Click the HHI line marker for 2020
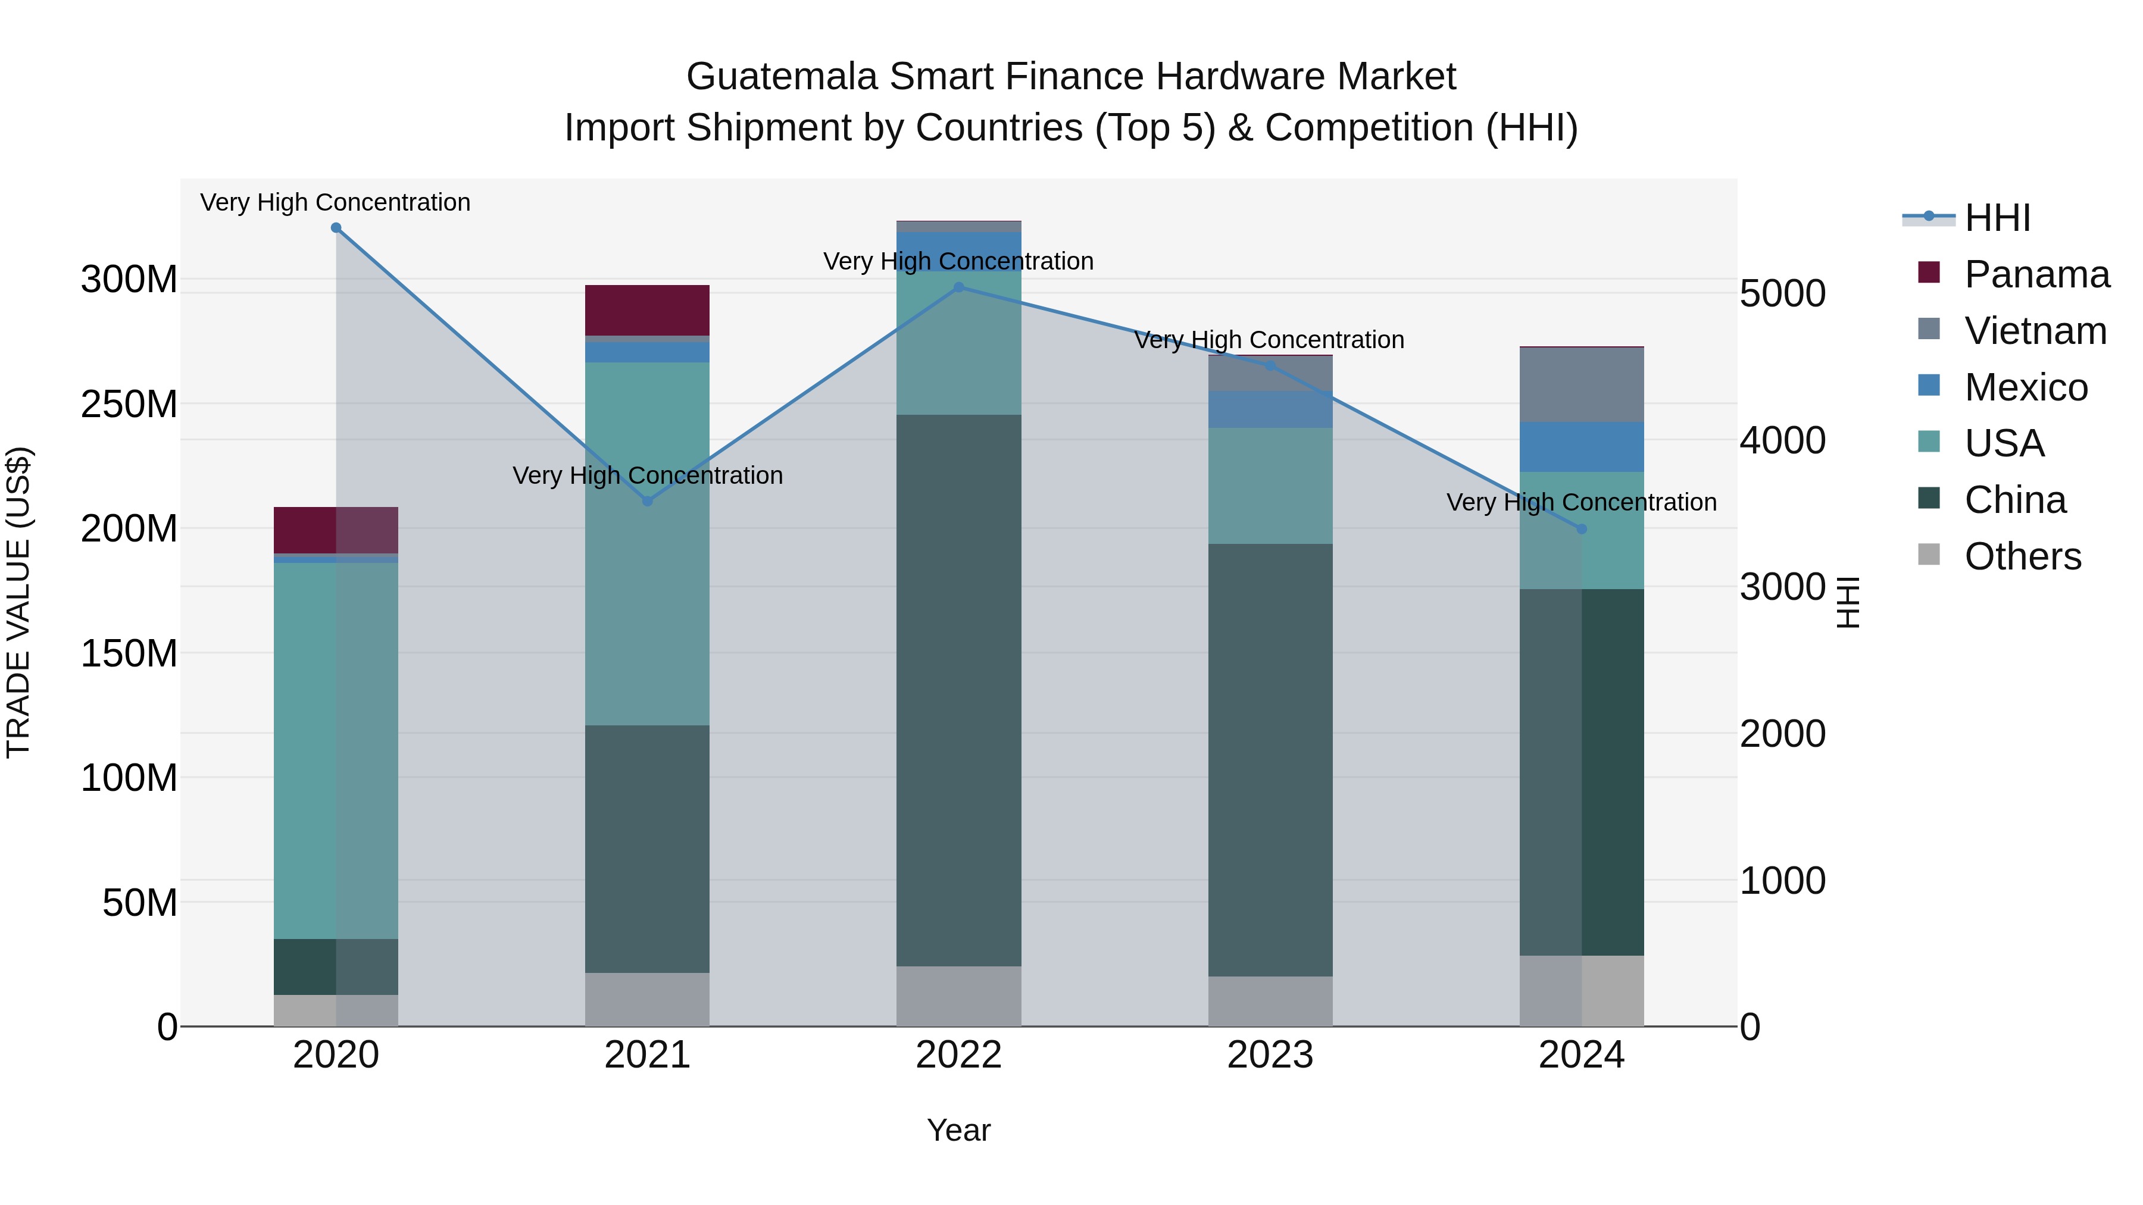pos(336,228)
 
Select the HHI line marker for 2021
pos(647,502)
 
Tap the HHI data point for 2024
pos(1582,529)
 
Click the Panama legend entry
pos(2036,274)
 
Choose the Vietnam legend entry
pos(2035,331)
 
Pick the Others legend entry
pos(2022,556)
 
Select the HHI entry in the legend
pos(1997,218)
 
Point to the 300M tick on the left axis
pos(129,280)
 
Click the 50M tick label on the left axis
pos(140,902)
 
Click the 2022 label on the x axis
pos(958,1055)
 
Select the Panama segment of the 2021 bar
pos(647,310)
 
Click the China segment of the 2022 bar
pos(958,690)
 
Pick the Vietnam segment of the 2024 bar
pos(1582,384)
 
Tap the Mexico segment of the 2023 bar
pos(1270,409)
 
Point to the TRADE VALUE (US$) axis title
pos(18,602)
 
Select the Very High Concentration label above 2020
pos(335,203)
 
